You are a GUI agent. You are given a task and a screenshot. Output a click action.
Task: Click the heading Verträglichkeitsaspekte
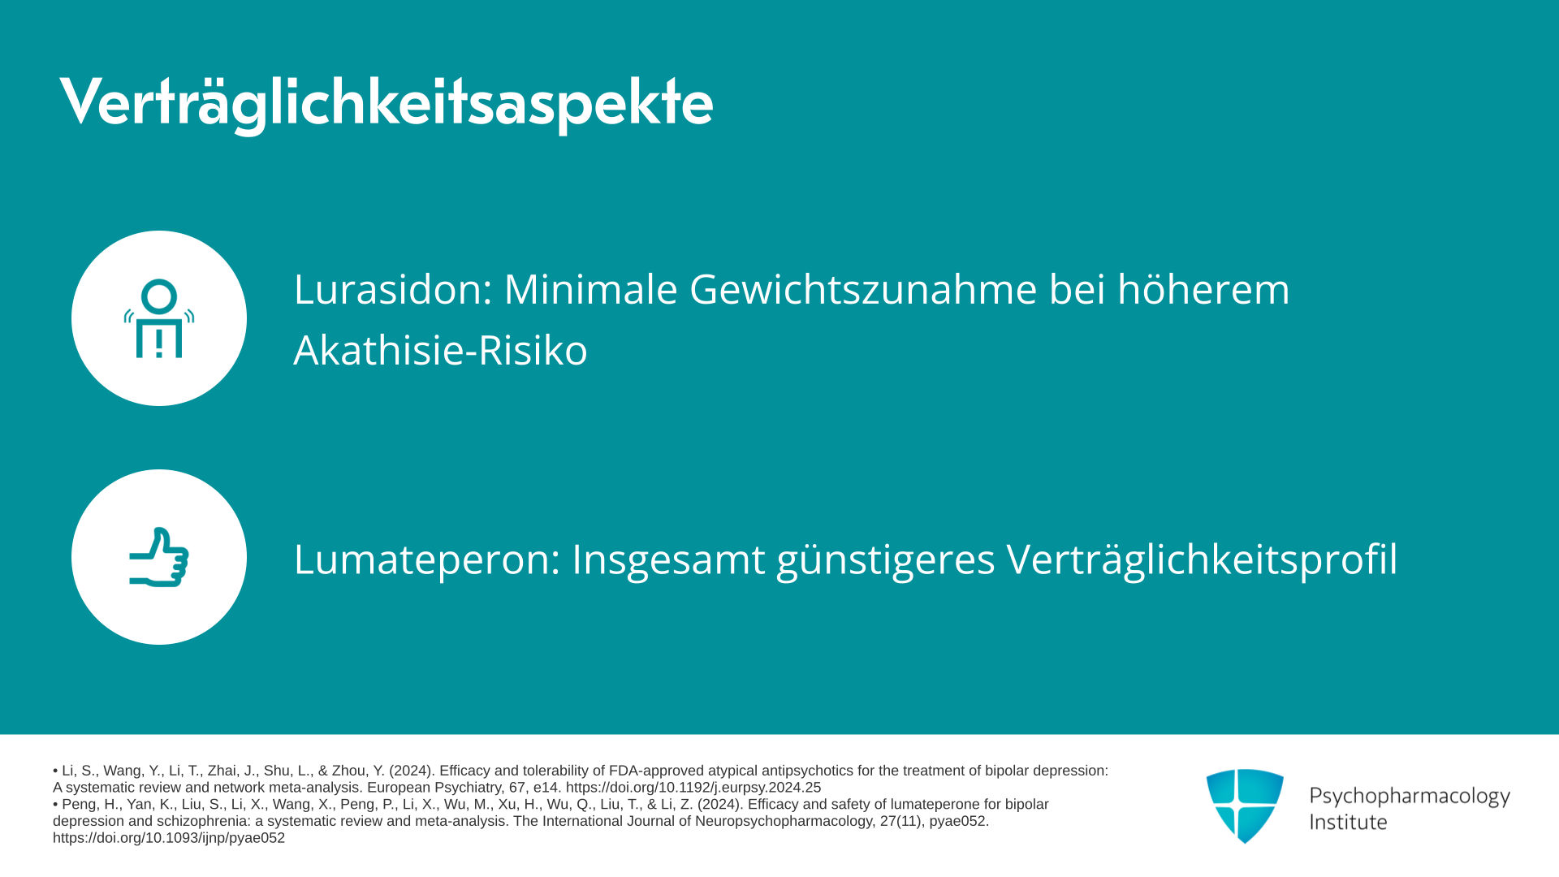[x=387, y=103]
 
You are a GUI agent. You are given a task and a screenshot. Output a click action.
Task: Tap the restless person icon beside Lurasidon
[x=159, y=318]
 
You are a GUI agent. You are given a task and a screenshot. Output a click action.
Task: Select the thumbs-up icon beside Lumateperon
[x=159, y=557]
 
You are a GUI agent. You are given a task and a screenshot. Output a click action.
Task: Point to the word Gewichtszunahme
[x=863, y=289]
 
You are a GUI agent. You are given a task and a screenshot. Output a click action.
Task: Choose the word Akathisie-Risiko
[x=440, y=350]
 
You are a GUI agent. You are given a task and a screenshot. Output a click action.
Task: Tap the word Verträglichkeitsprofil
[x=1203, y=559]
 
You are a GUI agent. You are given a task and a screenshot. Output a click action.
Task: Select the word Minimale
[x=590, y=289]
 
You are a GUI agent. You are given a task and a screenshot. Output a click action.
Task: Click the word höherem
[x=1203, y=289]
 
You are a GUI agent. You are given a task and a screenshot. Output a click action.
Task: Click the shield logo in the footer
[x=1245, y=806]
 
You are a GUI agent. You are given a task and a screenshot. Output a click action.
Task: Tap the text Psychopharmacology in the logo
[x=1410, y=796]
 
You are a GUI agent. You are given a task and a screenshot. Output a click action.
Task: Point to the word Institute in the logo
[x=1348, y=822]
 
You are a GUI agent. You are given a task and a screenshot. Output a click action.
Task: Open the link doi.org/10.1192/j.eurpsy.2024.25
[x=693, y=788]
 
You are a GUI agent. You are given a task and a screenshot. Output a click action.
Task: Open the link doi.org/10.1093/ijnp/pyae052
[x=169, y=838]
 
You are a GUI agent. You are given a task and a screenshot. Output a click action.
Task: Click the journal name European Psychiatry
[x=434, y=788]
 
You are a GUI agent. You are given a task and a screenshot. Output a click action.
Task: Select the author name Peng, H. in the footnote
[x=91, y=805]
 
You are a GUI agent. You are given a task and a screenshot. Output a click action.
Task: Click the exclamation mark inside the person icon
[x=159, y=343]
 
